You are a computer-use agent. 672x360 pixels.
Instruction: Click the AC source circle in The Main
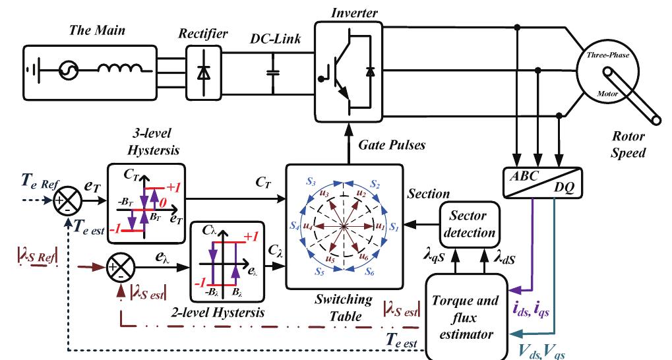click(x=69, y=71)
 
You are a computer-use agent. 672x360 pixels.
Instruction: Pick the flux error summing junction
click(x=119, y=268)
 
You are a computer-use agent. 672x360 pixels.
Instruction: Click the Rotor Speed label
click(x=626, y=143)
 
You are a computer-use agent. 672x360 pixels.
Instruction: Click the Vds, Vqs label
click(x=541, y=351)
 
